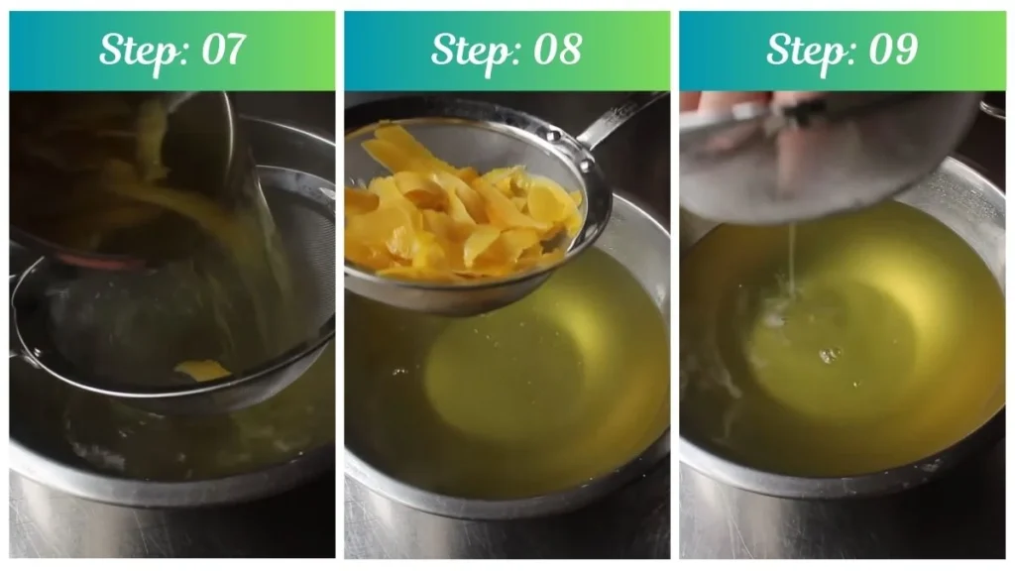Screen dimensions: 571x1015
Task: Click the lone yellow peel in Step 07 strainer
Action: [x=201, y=371]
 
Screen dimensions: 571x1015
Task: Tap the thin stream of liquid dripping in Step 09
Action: [x=791, y=258]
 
